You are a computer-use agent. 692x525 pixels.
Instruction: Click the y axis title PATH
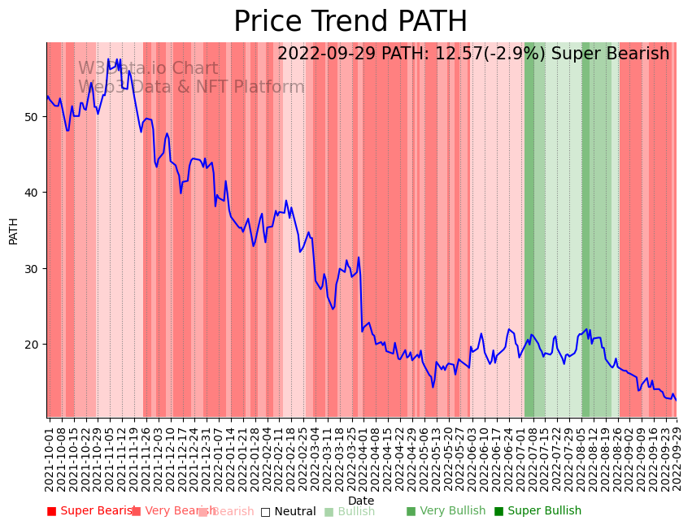14,230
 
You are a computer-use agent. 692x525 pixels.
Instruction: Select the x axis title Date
361,501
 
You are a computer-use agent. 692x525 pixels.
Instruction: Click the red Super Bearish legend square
52,511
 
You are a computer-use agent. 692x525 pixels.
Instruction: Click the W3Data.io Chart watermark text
148,69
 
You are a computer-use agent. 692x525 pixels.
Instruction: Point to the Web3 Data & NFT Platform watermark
191,87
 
